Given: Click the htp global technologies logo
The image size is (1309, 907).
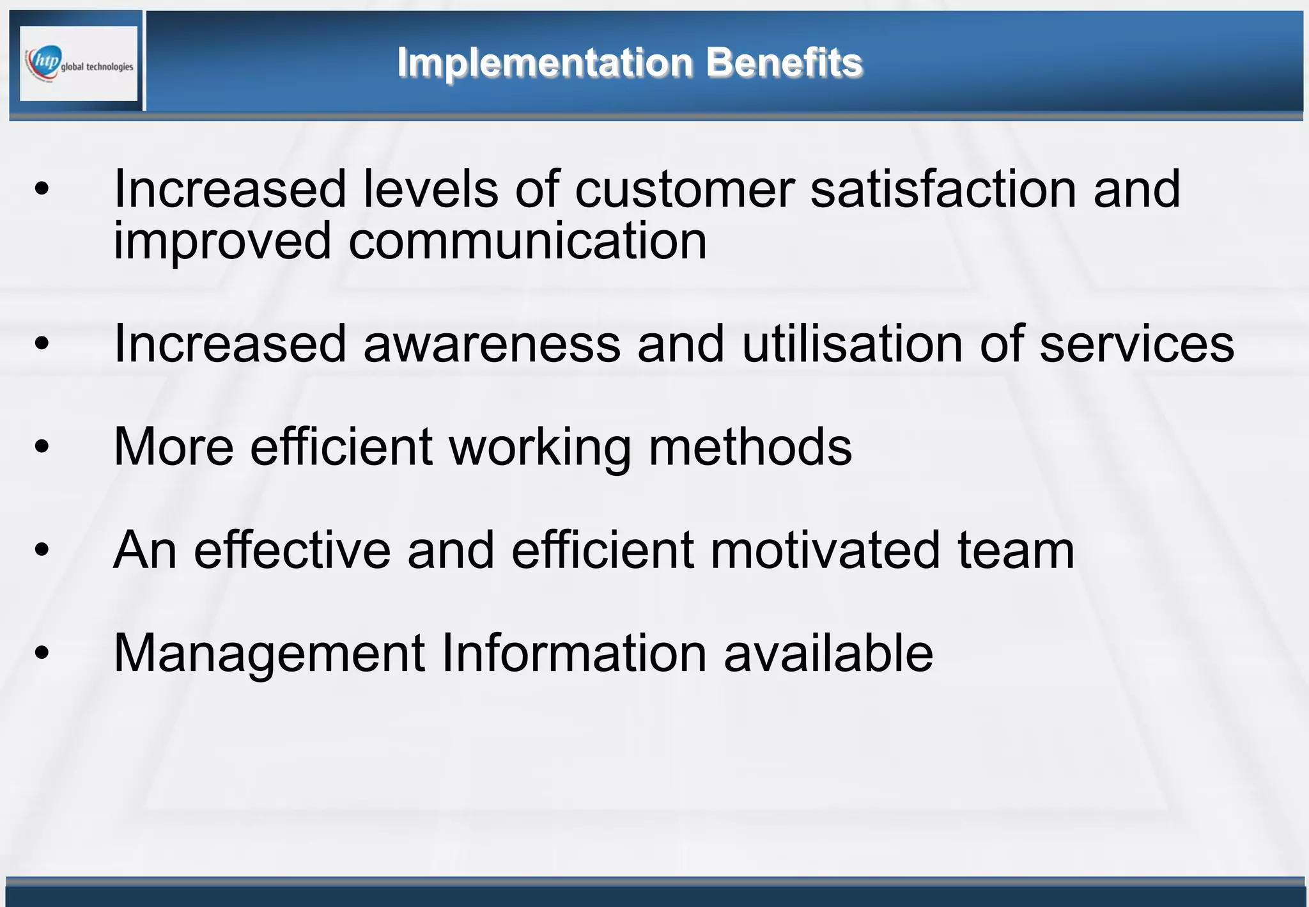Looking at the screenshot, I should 79,63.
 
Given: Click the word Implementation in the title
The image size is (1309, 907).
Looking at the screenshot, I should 545,63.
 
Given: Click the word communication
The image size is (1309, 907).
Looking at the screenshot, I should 527,242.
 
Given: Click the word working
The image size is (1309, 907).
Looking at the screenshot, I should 541,448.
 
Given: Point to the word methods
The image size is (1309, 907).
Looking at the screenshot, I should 750,448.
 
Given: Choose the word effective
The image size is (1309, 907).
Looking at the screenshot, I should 292,551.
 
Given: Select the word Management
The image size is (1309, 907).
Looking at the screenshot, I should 269,654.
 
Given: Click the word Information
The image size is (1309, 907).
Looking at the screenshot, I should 573,654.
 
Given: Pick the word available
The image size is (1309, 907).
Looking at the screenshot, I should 828,654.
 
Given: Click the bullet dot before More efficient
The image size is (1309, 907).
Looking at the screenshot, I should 42,446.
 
